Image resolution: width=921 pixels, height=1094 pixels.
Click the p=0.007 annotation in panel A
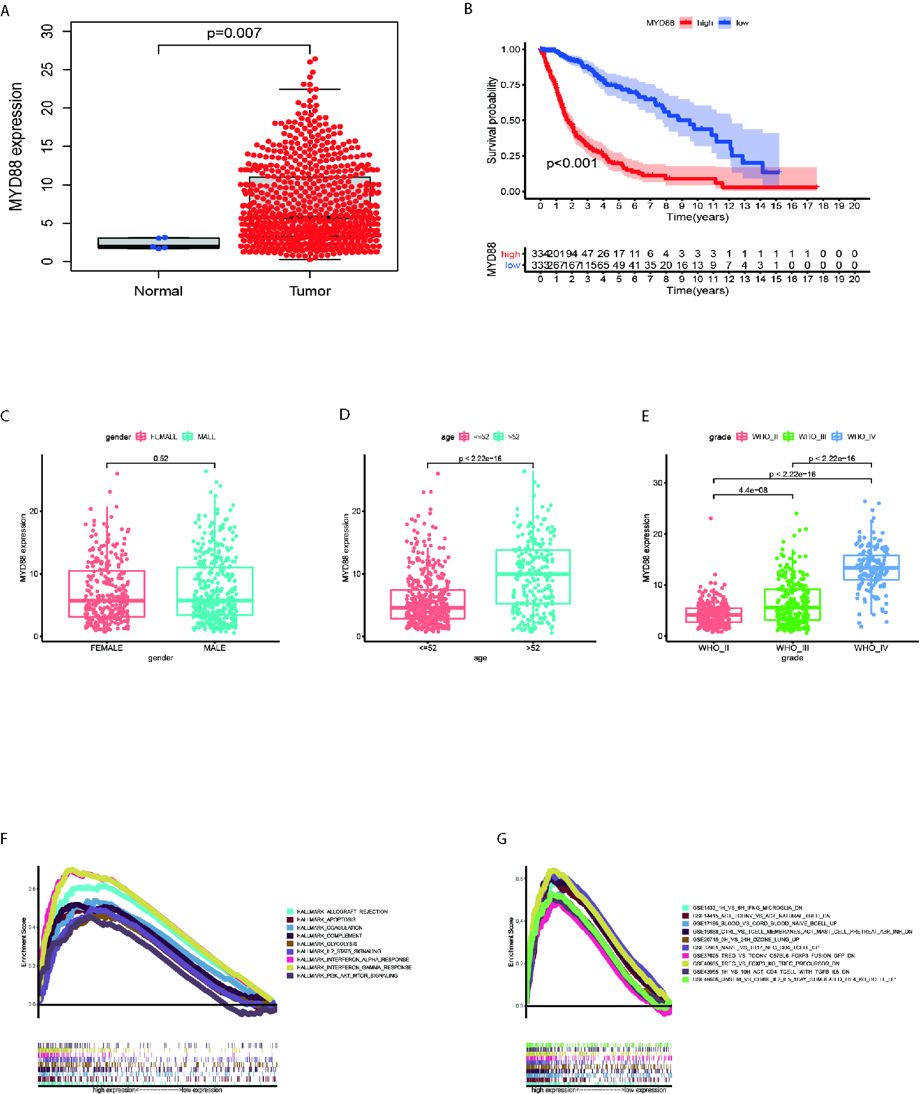click(234, 33)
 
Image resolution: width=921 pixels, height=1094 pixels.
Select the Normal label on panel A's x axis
click(158, 291)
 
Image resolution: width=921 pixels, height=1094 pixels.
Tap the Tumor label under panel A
click(310, 291)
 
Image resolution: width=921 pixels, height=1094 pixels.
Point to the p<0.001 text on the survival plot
click(571, 163)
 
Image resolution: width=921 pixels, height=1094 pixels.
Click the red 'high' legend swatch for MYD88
click(685, 23)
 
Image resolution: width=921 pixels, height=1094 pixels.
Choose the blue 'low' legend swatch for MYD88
click(724, 23)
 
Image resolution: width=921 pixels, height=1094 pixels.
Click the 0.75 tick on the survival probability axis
click(511, 85)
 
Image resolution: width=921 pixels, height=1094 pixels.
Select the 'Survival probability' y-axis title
click(492, 120)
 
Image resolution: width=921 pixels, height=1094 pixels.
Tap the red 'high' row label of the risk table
click(510, 254)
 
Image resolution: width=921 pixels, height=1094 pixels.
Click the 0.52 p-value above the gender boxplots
click(161, 459)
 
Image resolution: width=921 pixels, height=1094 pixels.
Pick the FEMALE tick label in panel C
click(106, 648)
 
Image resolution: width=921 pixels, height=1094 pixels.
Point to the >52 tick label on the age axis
click(533, 648)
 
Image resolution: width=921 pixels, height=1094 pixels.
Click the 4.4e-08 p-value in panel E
click(753, 490)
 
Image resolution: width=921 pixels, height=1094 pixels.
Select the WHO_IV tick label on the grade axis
click(871, 648)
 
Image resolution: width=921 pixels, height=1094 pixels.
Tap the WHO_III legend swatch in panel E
click(788, 436)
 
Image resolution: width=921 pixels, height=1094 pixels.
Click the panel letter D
click(345, 415)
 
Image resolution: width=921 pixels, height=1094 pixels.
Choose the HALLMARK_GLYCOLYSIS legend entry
click(327, 944)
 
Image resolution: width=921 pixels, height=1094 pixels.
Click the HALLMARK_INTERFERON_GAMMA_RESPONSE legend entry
click(354, 968)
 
